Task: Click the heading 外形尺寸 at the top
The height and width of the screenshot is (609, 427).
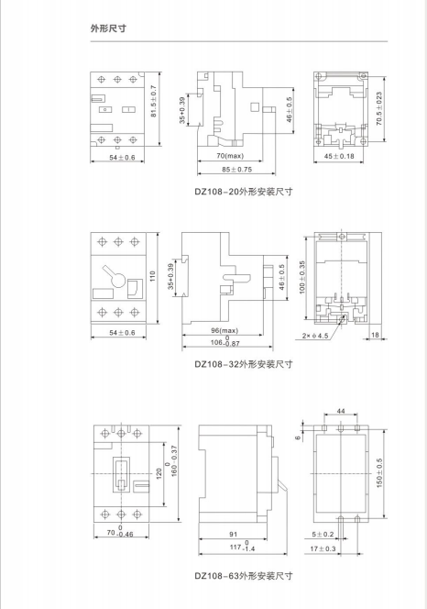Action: (108, 28)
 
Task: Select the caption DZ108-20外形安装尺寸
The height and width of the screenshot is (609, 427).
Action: (244, 192)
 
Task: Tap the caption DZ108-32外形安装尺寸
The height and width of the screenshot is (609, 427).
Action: (244, 364)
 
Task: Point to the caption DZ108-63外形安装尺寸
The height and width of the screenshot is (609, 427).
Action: (244, 576)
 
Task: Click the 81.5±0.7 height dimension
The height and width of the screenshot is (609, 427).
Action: (154, 102)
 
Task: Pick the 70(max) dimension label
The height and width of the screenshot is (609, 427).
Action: (230, 156)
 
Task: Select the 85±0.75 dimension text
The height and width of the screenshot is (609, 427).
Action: (236, 170)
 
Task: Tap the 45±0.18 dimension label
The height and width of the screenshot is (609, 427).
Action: (339, 156)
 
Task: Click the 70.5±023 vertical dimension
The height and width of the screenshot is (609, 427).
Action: (379, 108)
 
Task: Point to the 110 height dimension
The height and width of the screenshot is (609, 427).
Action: (152, 277)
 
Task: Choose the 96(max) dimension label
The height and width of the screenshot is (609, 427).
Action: (224, 330)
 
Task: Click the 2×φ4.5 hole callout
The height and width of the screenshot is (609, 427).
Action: (315, 336)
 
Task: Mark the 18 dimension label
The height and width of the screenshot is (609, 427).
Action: (375, 335)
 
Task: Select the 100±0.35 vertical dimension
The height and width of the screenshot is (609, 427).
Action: (302, 277)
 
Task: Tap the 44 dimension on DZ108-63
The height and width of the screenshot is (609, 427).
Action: (341, 411)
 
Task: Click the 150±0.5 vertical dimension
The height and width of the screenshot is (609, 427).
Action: (379, 472)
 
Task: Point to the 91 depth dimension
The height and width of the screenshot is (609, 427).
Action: (233, 535)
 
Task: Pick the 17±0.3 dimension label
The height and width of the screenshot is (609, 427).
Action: (323, 548)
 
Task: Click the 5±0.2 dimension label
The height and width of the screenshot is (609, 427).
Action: (323, 535)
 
